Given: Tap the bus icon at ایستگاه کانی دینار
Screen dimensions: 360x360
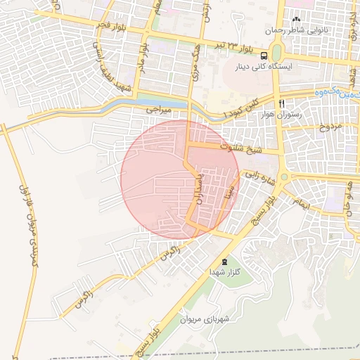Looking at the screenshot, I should (x=264, y=56).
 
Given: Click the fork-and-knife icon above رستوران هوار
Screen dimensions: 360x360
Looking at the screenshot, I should (x=281, y=103).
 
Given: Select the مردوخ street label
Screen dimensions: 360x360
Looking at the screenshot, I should (x=329, y=127).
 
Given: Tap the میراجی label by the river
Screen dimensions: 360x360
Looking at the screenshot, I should (x=159, y=110).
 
